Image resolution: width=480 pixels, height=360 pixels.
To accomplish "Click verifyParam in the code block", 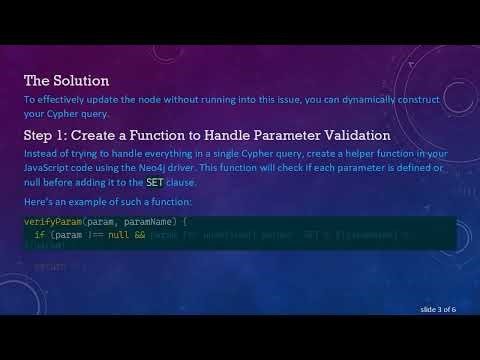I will pyautogui.click(x=46, y=220).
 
